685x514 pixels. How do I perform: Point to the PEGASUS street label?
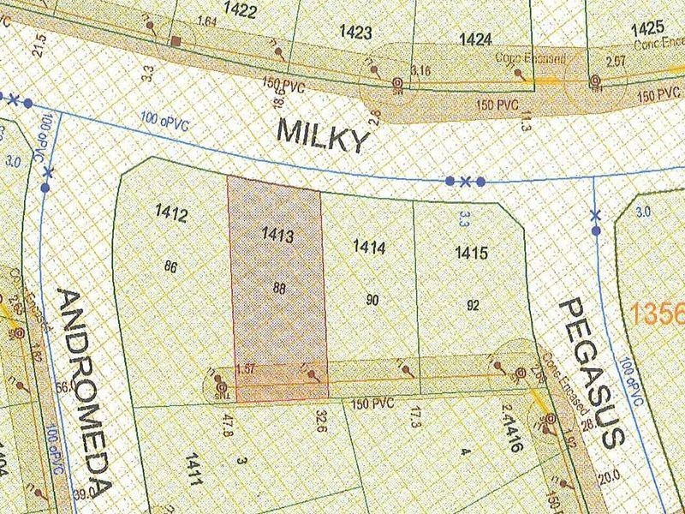click(590, 373)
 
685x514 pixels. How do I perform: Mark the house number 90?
click(372, 300)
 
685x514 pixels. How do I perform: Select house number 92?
click(474, 304)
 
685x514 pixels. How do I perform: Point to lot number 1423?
click(354, 33)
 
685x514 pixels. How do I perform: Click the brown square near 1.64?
click(175, 41)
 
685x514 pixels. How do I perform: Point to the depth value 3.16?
click(420, 69)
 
